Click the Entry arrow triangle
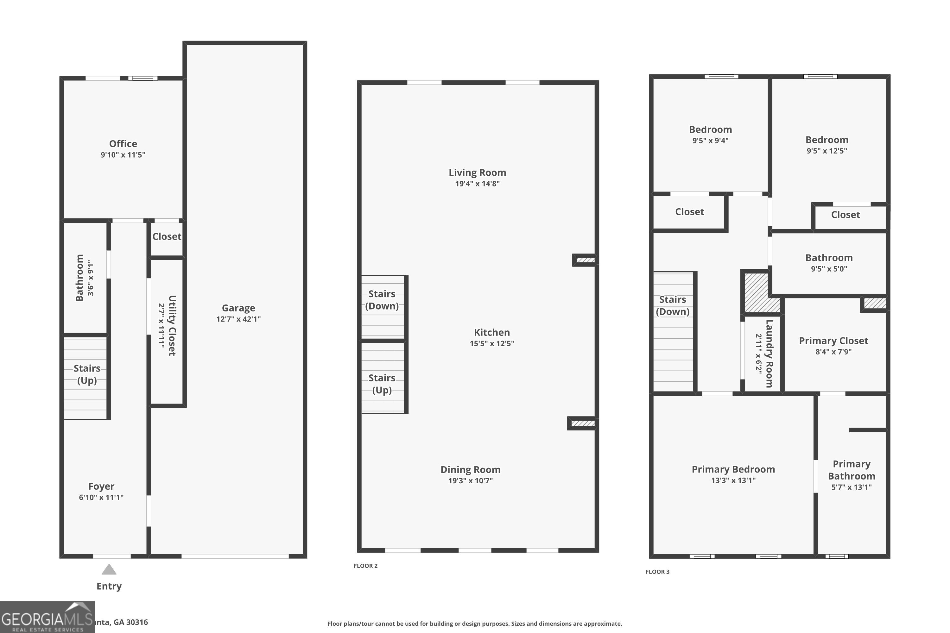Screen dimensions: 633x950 click(109, 570)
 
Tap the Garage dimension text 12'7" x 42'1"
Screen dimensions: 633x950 click(238, 319)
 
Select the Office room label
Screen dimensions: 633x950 click(123, 144)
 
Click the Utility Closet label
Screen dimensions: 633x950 click(172, 325)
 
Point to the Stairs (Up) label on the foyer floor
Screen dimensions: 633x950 click(87, 374)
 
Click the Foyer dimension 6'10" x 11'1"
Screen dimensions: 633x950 click(101, 497)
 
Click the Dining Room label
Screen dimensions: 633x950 click(470, 469)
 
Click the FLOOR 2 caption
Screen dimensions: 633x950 click(365, 566)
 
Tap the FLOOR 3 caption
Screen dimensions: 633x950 click(657, 572)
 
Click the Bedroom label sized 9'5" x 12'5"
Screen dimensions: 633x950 click(826, 140)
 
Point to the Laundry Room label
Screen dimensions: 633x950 click(769, 354)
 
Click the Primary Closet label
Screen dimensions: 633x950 click(833, 341)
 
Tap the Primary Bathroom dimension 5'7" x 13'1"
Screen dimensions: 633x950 click(851, 487)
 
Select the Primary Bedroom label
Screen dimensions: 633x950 click(733, 469)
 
